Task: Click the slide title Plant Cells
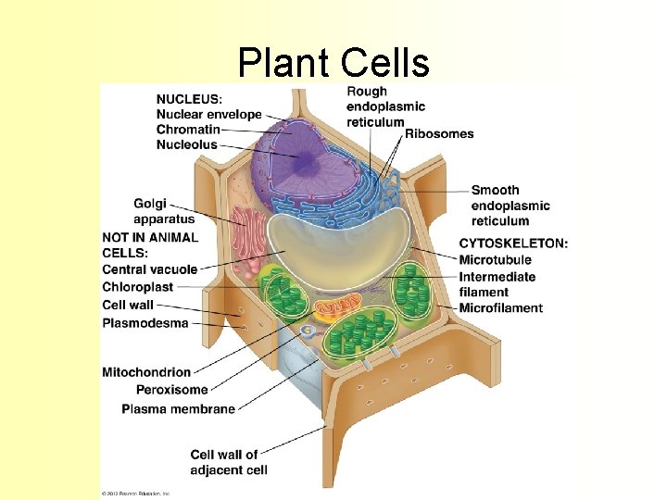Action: tap(333, 62)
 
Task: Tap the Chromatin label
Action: tap(188, 130)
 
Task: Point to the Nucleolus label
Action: tap(187, 144)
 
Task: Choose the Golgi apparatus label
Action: tap(164, 211)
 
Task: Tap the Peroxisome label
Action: tap(171, 390)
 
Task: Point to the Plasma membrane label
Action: tap(178, 408)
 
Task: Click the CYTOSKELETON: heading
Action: tap(513, 244)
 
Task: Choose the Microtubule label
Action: tap(496, 260)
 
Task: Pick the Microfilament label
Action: tap(501, 307)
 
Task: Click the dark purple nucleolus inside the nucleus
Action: tap(302, 159)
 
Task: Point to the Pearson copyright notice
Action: tap(136, 492)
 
